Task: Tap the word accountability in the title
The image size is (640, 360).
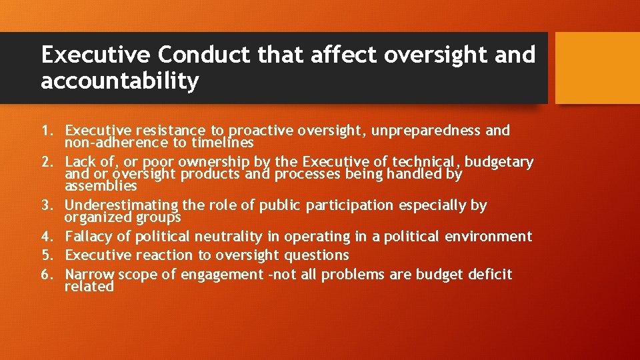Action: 120,81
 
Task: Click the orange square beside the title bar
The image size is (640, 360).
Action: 597,68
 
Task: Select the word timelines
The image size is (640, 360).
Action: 222,142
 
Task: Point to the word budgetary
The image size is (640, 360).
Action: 499,162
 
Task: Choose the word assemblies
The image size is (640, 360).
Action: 101,186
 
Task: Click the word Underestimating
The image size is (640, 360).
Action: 112,205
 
